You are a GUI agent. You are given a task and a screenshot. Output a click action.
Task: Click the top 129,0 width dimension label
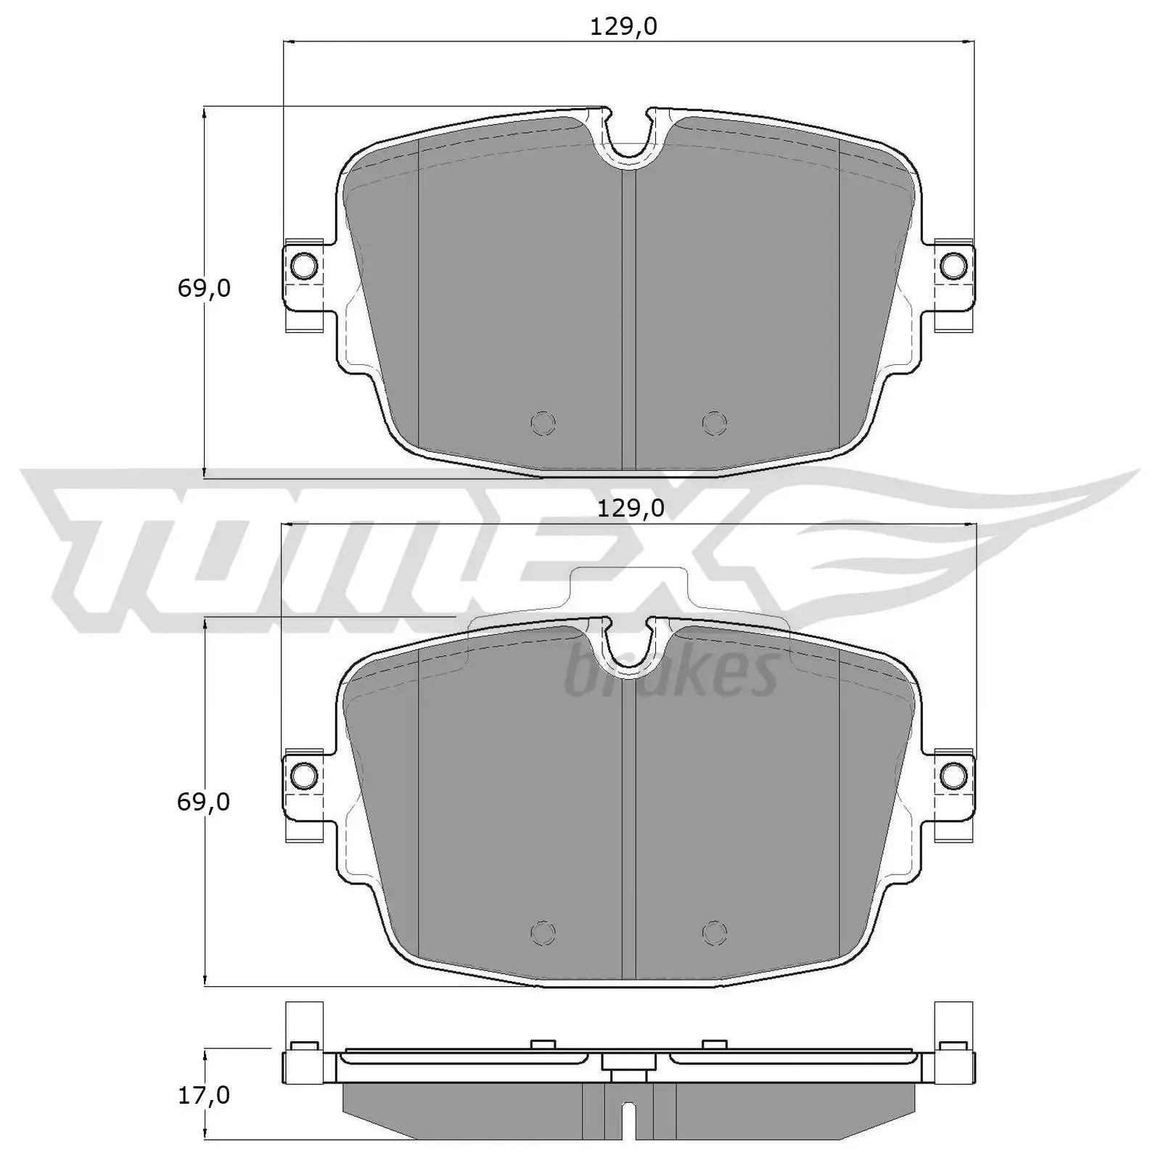tap(623, 27)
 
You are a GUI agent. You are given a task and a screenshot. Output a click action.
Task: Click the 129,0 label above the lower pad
tap(631, 509)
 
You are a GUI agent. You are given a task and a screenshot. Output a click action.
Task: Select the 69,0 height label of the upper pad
tap(204, 289)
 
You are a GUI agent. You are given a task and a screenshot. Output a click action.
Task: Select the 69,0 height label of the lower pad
tap(204, 802)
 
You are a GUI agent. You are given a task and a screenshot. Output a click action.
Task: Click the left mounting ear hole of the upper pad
tap(303, 266)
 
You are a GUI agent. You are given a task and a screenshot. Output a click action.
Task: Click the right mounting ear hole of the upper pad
tap(953, 266)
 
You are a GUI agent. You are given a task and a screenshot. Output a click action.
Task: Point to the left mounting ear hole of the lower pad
tap(303, 776)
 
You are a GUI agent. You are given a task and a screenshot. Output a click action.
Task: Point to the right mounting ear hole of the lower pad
tap(953, 776)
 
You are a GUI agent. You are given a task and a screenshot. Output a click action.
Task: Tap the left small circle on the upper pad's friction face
tap(543, 422)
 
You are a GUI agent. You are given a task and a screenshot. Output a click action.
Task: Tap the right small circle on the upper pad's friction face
tap(715, 422)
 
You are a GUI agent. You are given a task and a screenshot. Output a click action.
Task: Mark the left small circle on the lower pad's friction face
tap(543, 932)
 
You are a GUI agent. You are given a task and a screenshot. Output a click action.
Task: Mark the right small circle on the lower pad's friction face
tap(715, 932)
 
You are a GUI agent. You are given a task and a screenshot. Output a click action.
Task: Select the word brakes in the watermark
tap(671, 671)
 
